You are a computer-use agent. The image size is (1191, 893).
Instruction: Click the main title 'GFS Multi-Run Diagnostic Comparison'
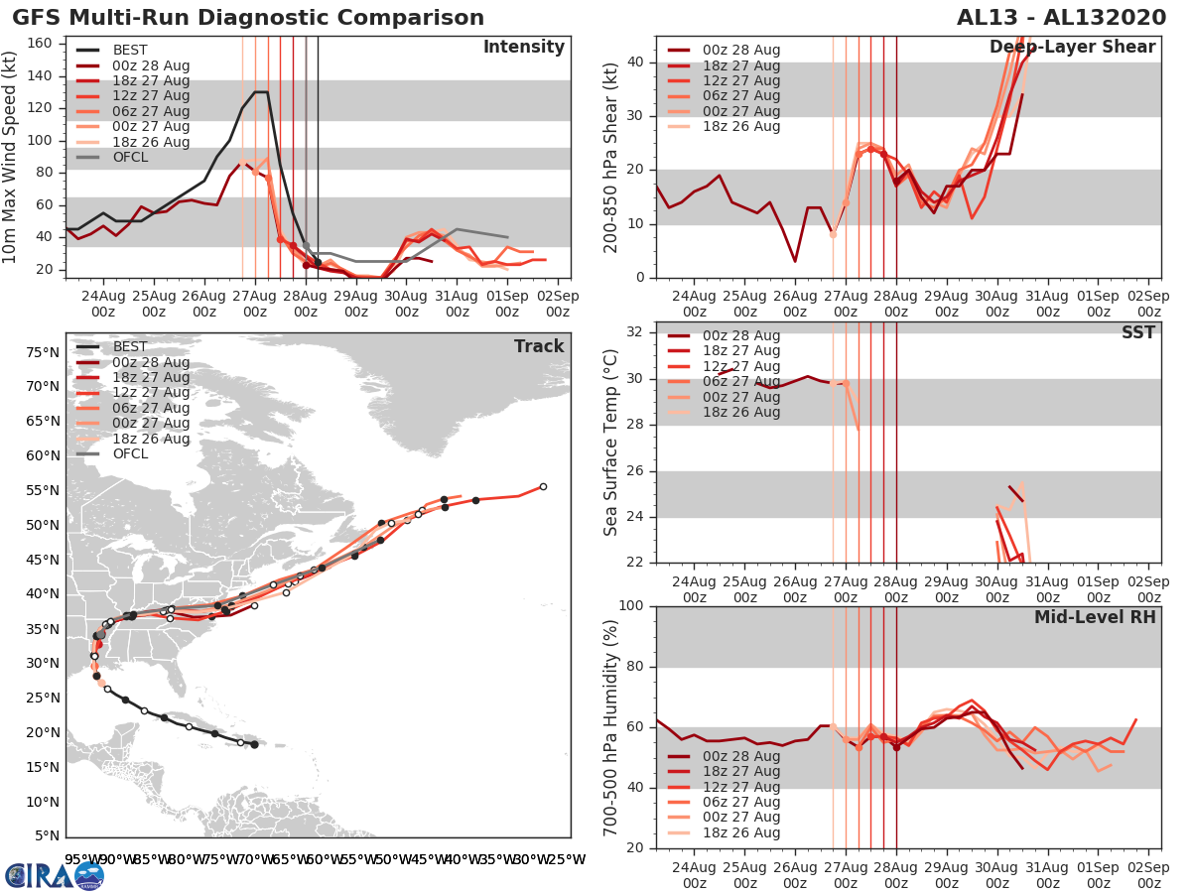point(248,18)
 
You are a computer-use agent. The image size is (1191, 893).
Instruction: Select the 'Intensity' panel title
point(524,48)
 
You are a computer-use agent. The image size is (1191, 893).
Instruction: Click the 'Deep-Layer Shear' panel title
point(1072,48)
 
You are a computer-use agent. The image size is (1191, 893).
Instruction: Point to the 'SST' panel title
point(1137,332)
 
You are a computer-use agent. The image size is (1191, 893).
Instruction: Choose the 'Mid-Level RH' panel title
point(1095,617)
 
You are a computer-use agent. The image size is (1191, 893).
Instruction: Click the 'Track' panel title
point(539,346)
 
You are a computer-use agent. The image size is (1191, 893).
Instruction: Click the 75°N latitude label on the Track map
point(41,352)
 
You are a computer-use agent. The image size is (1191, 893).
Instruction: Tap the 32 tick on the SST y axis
point(639,332)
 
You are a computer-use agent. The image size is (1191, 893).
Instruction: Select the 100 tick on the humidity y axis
point(632,606)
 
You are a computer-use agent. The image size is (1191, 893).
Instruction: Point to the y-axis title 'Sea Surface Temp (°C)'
point(610,443)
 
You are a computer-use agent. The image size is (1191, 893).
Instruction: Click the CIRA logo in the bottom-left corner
point(54,874)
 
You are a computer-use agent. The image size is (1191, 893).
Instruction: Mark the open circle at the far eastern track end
point(543,486)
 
